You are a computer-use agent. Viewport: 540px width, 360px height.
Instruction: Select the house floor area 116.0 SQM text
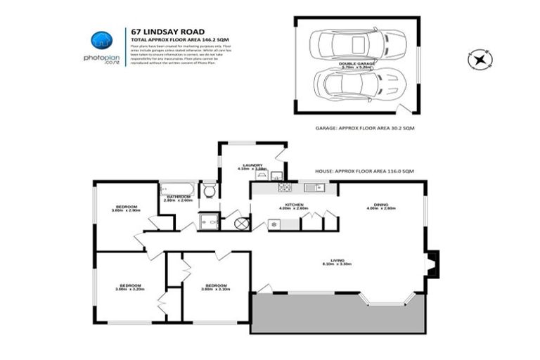375,171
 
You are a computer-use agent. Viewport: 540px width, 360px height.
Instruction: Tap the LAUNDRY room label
252,165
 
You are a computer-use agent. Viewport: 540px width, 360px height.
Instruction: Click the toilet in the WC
209,191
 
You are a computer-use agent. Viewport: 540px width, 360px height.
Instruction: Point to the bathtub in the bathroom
179,188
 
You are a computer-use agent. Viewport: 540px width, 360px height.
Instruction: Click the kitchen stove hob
285,188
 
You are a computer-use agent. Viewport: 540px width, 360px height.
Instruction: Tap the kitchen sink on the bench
314,188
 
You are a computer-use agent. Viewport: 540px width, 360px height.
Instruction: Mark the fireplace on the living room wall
432,262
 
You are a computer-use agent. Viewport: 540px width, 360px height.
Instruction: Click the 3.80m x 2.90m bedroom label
126,208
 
